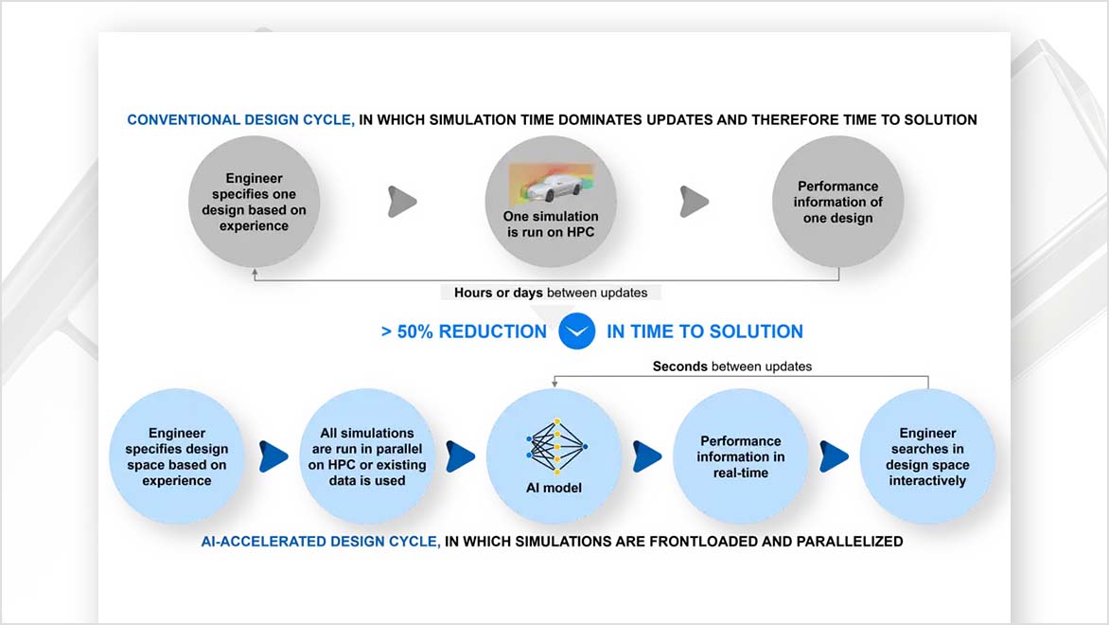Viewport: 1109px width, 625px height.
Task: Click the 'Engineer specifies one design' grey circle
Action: pyautogui.click(x=254, y=202)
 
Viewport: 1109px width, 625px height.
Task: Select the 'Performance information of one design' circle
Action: pyautogui.click(x=837, y=202)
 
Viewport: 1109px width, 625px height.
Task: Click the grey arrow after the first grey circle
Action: pyautogui.click(x=402, y=201)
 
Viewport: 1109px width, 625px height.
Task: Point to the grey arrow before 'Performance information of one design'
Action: pyautogui.click(x=694, y=201)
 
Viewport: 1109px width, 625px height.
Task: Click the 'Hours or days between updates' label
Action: pyautogui.click(x=551, y=293)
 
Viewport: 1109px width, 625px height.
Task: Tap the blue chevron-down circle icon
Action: pyautogui.click(x=576, y=331)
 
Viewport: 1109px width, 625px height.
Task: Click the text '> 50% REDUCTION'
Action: pyautogui.click(x=464, y=332)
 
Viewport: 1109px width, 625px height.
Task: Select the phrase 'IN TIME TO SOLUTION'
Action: pyautogui.click(x=705, y=332)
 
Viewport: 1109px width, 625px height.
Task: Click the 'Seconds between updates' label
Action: pyautogui.click(x=731, y=366)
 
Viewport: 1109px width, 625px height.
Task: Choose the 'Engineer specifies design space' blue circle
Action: pyautogui.click(x=177, y=457)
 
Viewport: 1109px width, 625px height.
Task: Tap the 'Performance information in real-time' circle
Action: pyautogui.click(x=741, y=456)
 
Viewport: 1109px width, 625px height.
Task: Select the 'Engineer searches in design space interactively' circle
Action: pyautogui.click(x=927, y=456)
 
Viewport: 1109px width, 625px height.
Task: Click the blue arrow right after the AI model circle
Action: pyautogui.click(x=647, y=455)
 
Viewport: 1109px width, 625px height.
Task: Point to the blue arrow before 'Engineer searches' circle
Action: pyautogui.click(x=835, y=455)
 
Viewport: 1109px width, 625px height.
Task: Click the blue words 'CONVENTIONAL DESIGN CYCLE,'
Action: pyautogui.click(x=241, y=120)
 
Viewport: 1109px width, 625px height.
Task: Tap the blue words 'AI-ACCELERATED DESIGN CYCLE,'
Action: pyautogui.click(x=321, y=542)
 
